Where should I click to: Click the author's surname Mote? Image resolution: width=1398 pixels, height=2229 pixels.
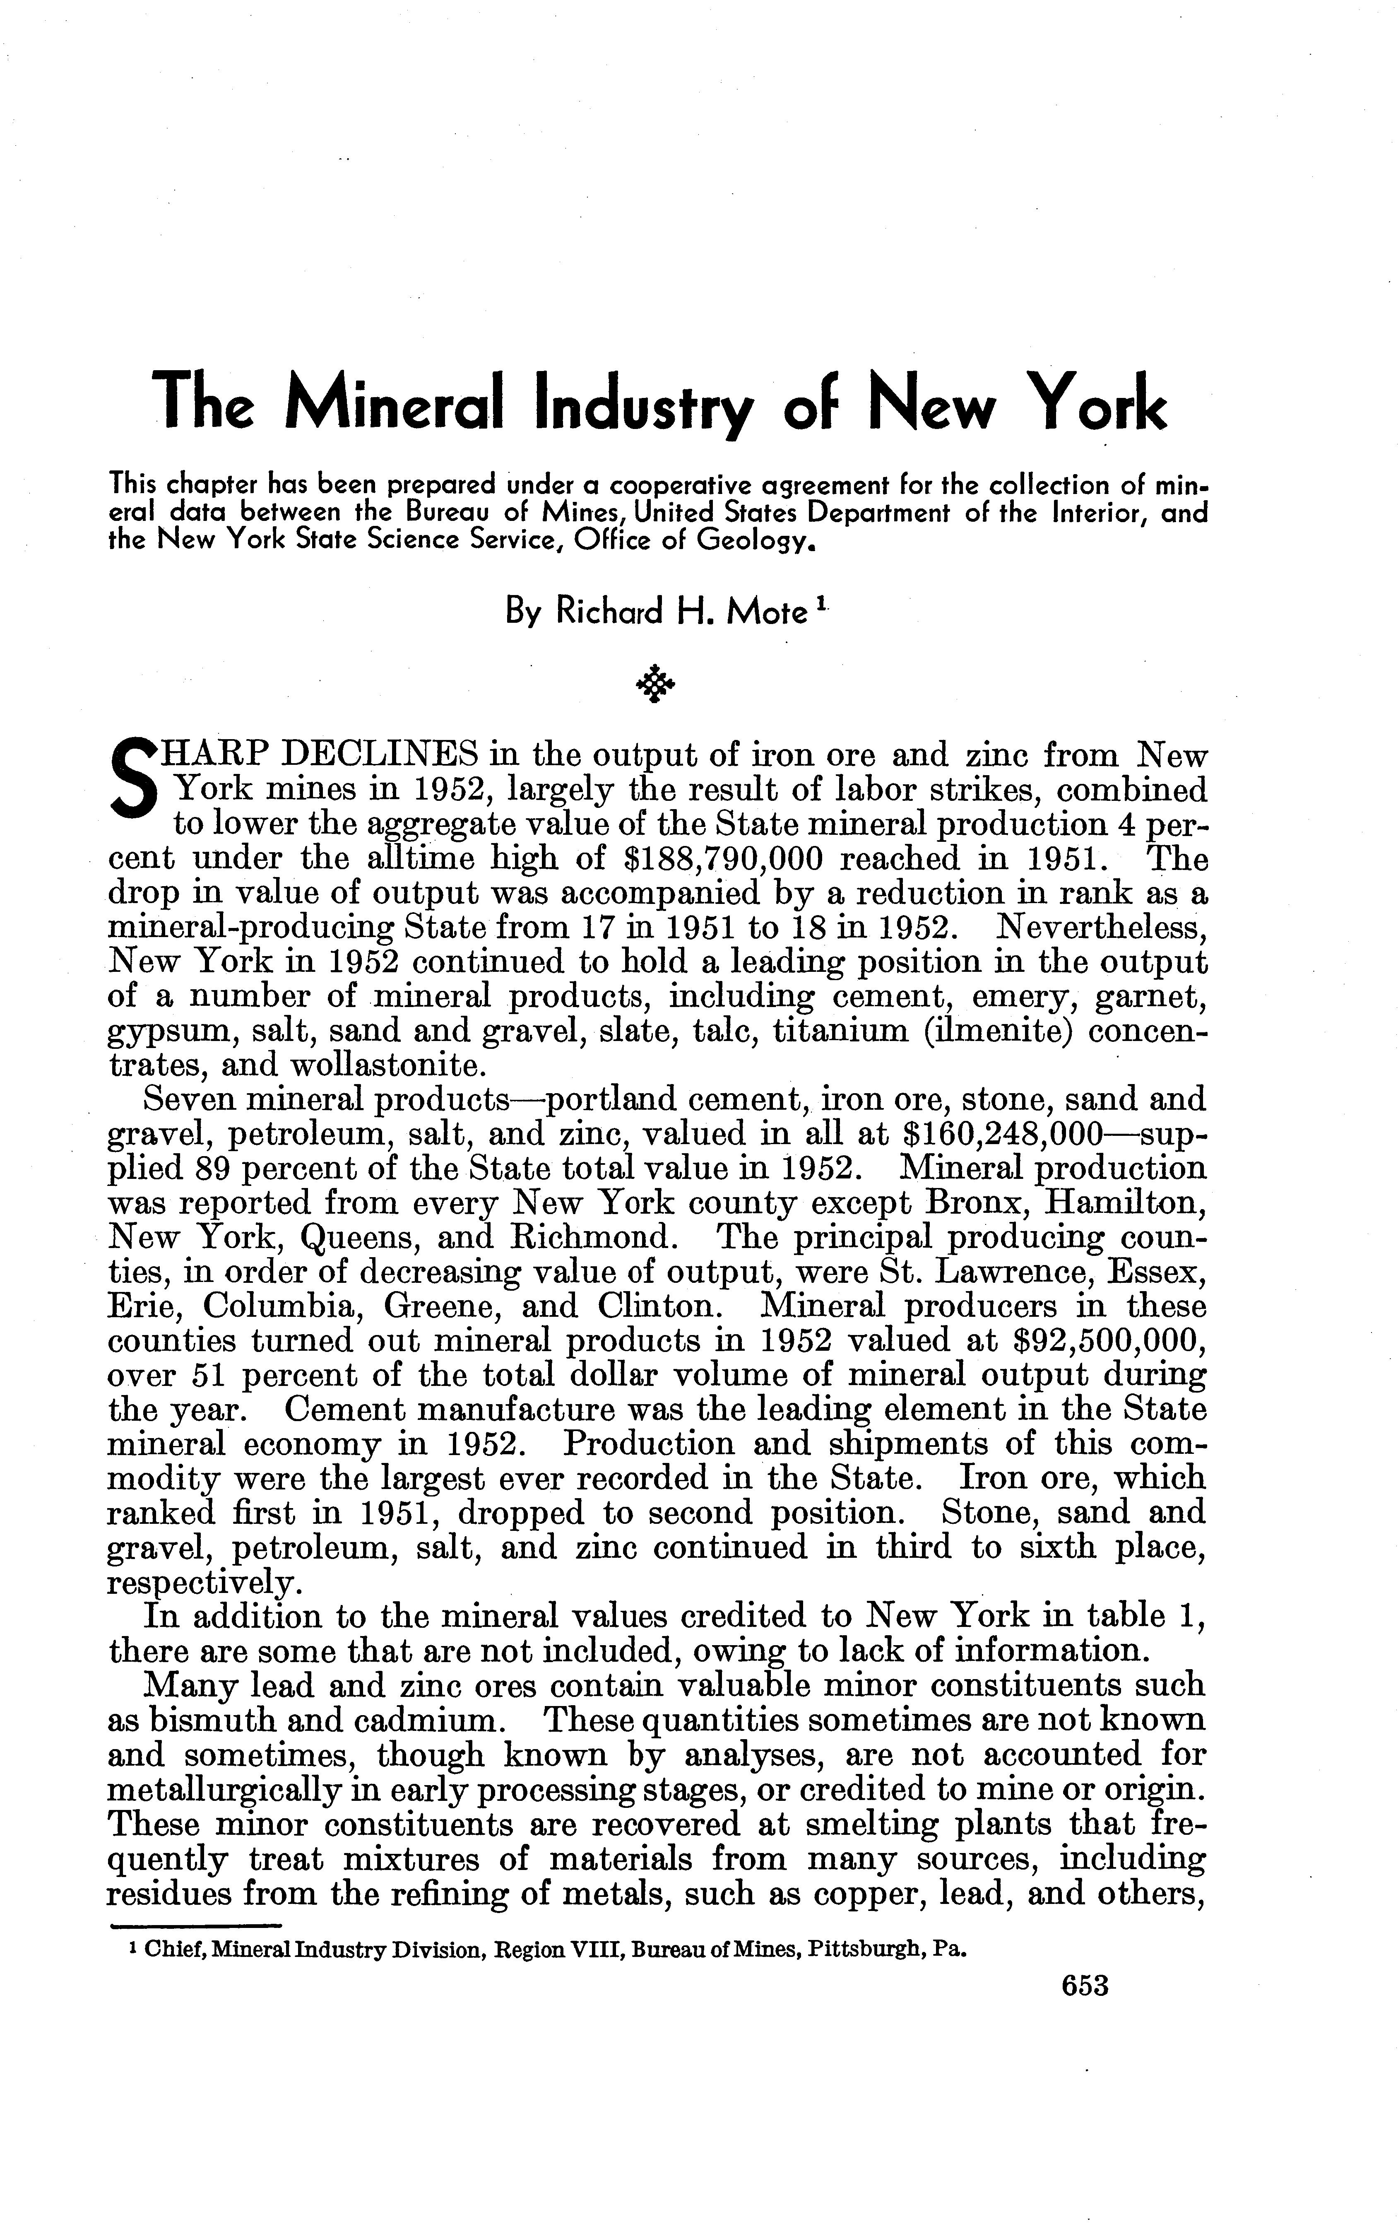click(x=768, y=612)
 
